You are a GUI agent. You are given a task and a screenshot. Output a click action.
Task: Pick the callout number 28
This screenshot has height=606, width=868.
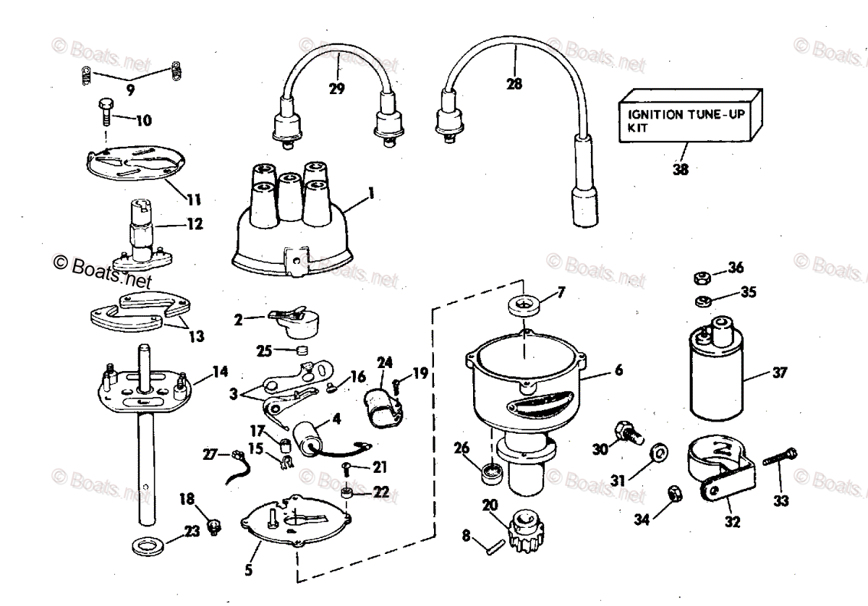pos(514,84)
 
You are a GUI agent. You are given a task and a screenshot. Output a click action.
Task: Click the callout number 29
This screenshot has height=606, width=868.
pos(336,89)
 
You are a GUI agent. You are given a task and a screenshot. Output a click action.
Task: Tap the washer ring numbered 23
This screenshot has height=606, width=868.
pos(150,543)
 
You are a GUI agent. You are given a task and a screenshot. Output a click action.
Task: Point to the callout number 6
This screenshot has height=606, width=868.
pos(618,371)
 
